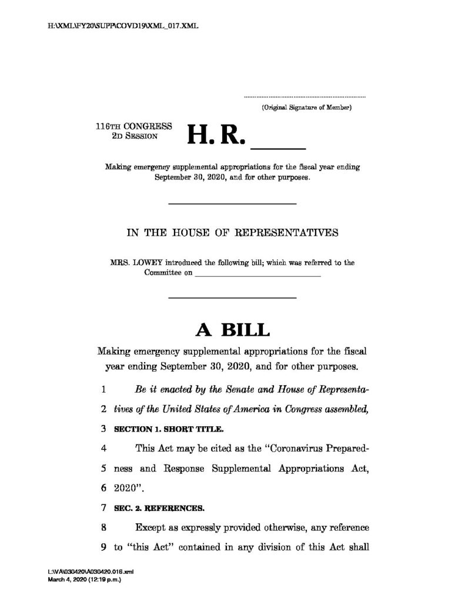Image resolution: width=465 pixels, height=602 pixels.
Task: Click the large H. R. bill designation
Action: [215, 136]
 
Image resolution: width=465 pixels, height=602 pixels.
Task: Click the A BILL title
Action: [232, 330]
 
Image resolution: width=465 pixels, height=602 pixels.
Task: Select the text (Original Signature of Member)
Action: [306, 108]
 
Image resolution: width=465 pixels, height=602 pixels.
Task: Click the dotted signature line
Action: [305, 95]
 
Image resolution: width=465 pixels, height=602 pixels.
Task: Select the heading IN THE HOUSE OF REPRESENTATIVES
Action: [232, 232]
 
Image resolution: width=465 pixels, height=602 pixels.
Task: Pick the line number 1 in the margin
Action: [103, 390]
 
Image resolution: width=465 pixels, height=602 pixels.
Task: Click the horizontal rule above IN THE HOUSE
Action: [232, 203]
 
